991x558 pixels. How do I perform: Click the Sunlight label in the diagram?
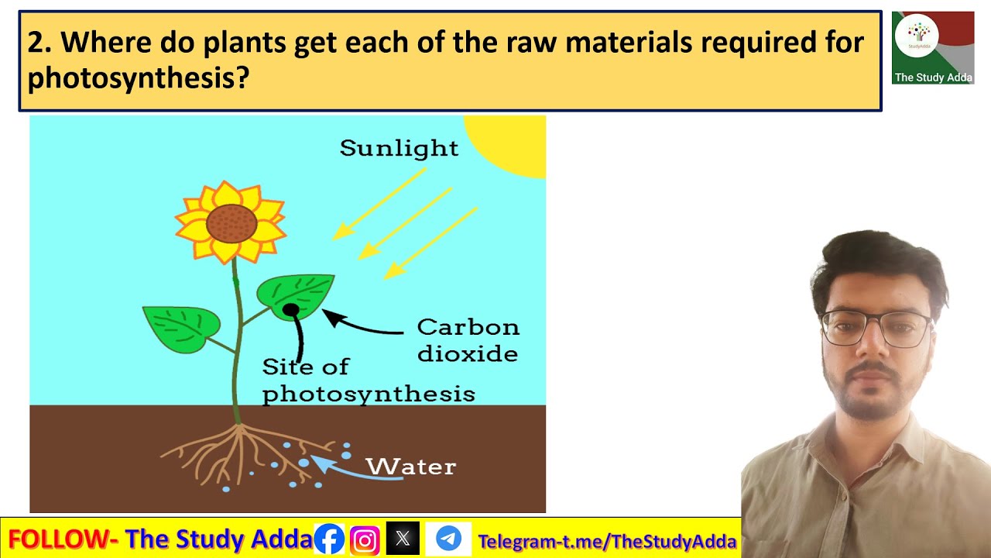pyautogui.click(x=399, y=148)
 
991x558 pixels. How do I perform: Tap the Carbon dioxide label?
pyautogui.click(x=468, y=340)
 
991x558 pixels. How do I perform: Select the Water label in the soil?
pyautogui.click(x=410, y=467)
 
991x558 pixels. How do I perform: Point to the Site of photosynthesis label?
pyautogui.click(x=368, y=381)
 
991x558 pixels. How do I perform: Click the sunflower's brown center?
pyautogui.click(x=231, y=223)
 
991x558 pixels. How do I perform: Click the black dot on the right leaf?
pyautogui.click(x=290, y=310)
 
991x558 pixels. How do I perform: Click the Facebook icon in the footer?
pyautogui.click(x=329, y=539)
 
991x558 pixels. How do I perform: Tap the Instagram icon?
pyautogui.click(x=365, y=539)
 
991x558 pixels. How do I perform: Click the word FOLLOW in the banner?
pyautogui.click(x=59, y=539)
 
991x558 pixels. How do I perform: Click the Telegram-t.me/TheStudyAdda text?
pyautogui.click(x=607, y=541)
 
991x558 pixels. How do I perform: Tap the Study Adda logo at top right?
pyautogui.click(x=932, y=47)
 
